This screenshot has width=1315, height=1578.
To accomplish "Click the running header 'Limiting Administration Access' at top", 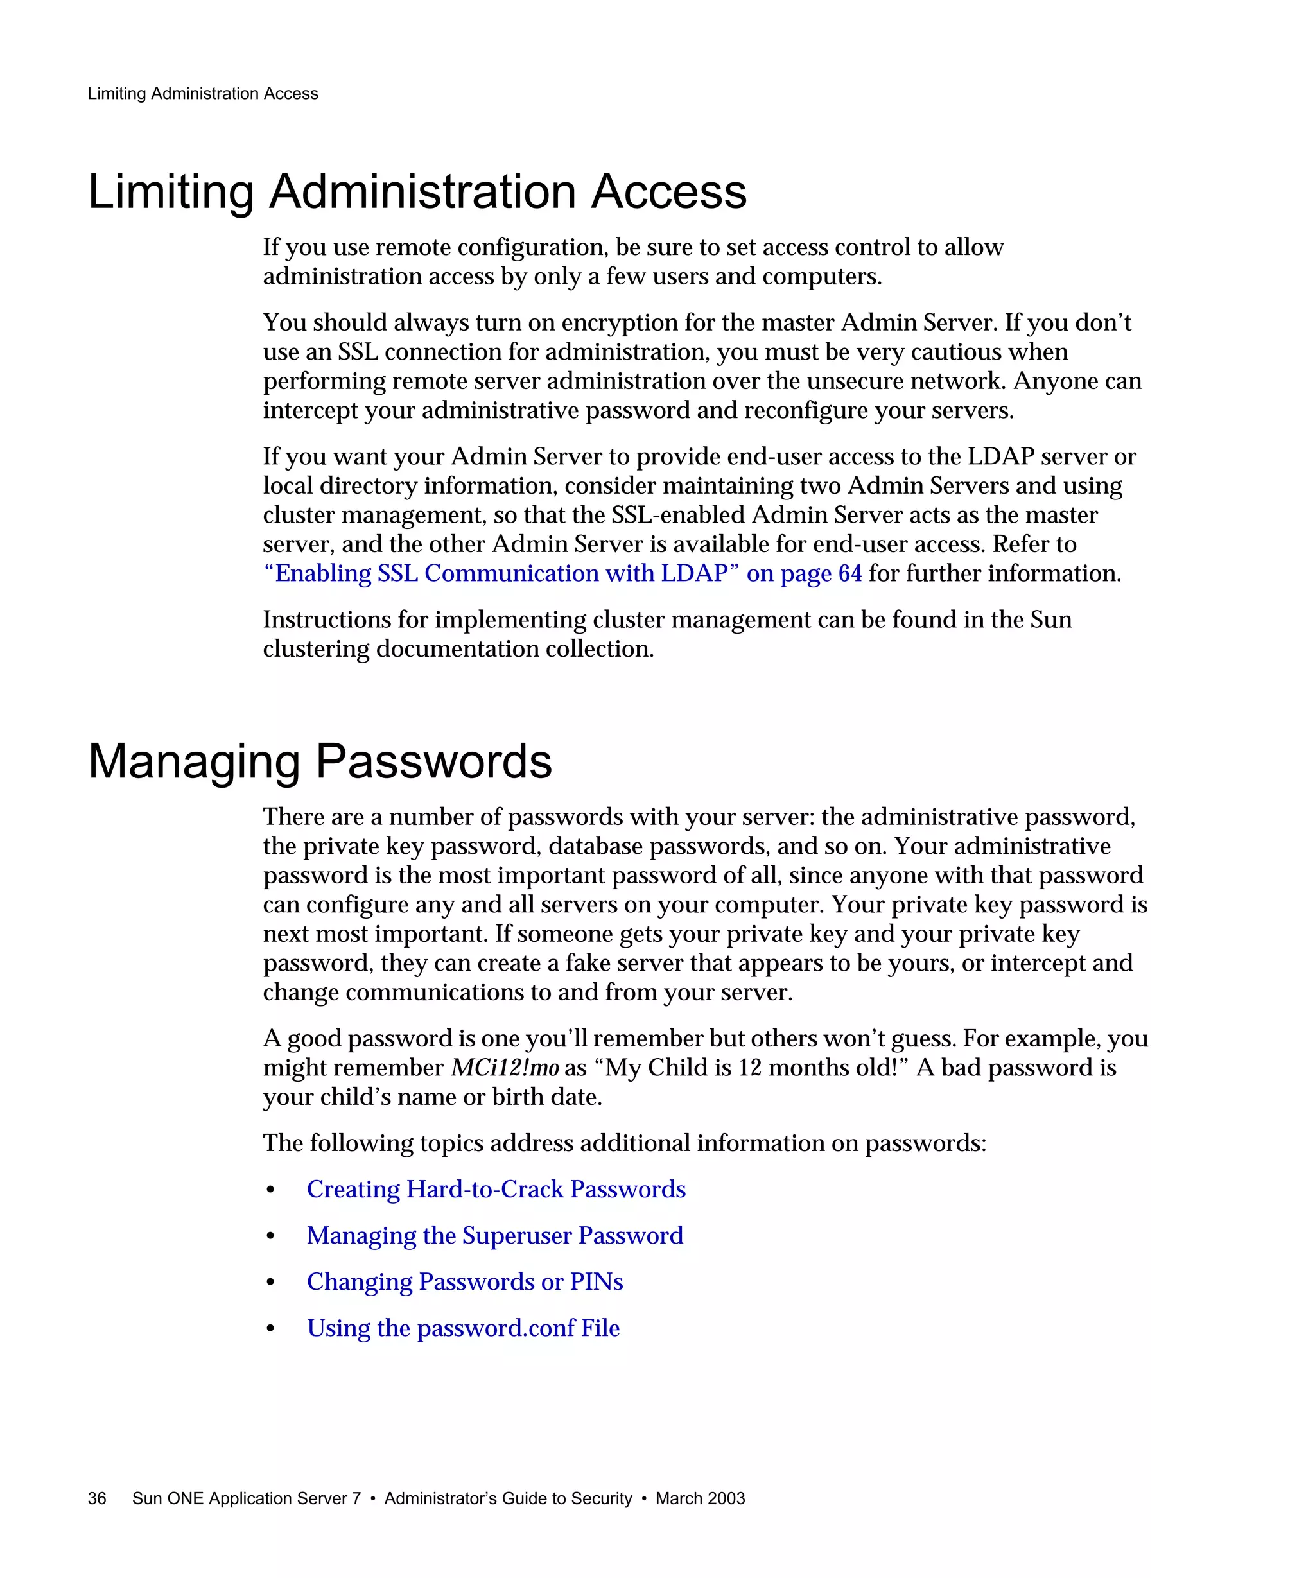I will (203, 94).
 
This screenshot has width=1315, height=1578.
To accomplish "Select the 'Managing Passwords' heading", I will (320, 761).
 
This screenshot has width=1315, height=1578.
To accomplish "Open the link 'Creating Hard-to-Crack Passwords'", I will (496, 1190).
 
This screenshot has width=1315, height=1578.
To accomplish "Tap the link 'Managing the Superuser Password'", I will (494, 1235).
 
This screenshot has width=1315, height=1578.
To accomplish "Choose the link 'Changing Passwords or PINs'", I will (464, 1282).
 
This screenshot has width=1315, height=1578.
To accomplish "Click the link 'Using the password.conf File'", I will (463, 1328).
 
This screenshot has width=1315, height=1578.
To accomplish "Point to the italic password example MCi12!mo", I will (504, 1068).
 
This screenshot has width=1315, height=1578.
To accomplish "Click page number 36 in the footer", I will (97, 1498).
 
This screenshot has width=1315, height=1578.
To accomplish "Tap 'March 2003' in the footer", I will (700, 1498).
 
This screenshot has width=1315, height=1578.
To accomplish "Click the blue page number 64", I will (850, 573).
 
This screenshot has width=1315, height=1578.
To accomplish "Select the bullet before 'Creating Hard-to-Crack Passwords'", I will (270, 1191).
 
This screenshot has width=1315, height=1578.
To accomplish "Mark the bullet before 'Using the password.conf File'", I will (270, 1330).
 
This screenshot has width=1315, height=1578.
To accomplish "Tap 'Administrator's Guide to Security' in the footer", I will (508, 1498).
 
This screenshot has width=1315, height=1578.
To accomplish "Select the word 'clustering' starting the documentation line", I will (316, 649).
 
